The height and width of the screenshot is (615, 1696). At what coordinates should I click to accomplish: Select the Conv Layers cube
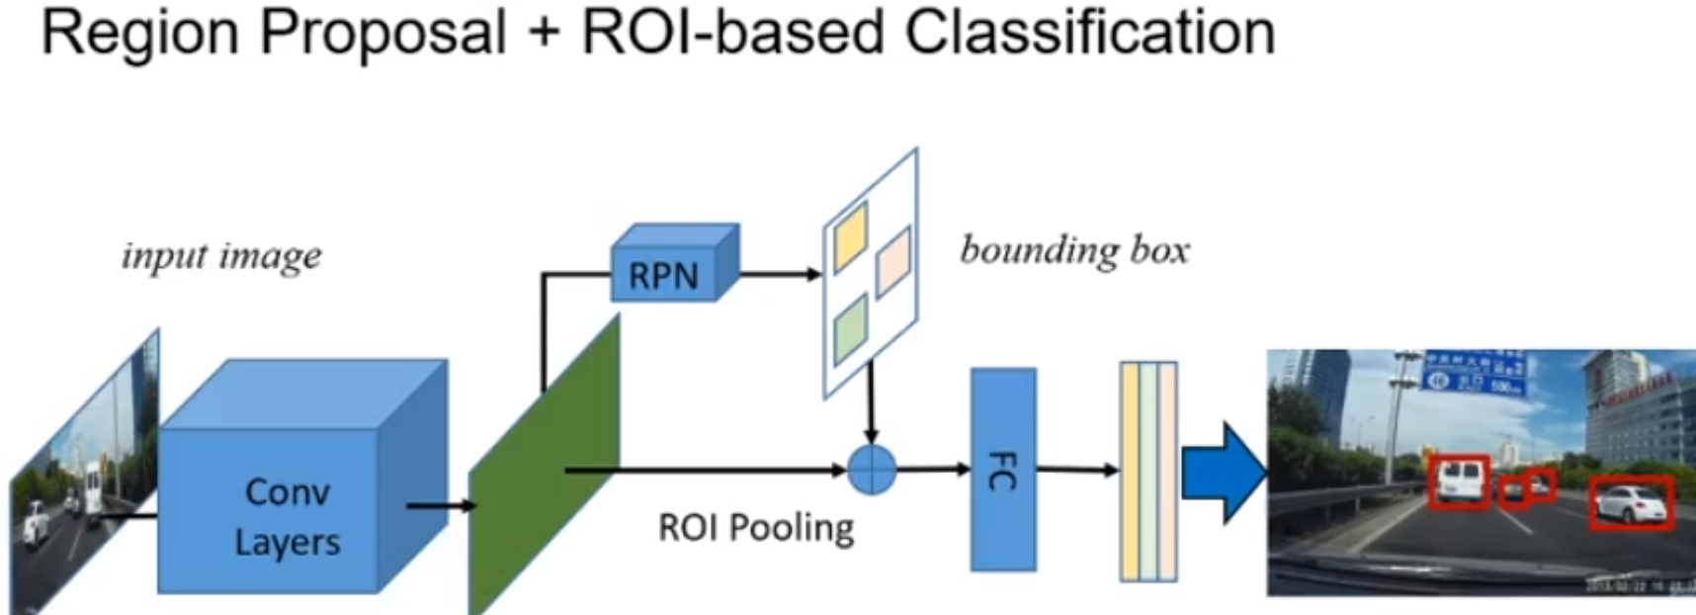[287, 514]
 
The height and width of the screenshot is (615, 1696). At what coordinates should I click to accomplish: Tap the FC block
[1002, 470]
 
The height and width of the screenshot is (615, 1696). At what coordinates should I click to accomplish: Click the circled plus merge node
[872, 470]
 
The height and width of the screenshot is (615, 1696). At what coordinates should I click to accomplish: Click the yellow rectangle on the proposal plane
[850, 237]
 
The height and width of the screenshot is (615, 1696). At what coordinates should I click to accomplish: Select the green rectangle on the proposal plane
[850, 329]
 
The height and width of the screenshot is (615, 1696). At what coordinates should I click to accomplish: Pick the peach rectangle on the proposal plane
[892, 261]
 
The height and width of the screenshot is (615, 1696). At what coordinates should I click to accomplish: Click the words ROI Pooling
[756, 528]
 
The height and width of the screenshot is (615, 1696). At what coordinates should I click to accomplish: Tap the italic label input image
[221, 256]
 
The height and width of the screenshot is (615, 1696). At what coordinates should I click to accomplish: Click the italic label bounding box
[1074, 250]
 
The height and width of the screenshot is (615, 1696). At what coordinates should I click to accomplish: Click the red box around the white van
[1459, 482]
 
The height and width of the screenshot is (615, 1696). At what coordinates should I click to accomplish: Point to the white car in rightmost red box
[1631, 504]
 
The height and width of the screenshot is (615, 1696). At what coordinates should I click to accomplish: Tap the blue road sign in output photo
[1474, 374]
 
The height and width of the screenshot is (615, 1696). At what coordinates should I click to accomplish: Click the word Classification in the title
[1089, 32]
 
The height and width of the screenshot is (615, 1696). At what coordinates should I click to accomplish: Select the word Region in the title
[139, 32]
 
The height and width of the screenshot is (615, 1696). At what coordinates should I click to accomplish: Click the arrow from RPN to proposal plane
[781, 274]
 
